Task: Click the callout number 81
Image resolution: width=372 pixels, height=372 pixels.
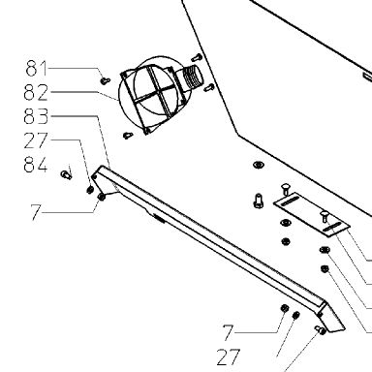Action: click(x=37, y=68)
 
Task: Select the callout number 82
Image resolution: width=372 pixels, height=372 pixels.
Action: click(x=36, y=92)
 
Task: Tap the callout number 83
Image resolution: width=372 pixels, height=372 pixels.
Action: click(x=36, y=116)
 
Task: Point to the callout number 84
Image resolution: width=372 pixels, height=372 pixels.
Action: click(x=36, y=164)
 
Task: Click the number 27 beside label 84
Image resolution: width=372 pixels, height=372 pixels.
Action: click(x=36, y=140)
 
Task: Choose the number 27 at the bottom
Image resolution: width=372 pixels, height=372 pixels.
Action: click(x=229, y=356)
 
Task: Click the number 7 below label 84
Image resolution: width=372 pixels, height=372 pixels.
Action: click(x=36, y=212)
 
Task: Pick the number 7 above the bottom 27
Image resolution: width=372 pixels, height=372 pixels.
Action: click(x=228, y=332)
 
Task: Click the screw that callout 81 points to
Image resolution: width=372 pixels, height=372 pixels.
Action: click(x=105, y=80)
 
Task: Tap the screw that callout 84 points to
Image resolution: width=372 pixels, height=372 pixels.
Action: click(x=66, y=175)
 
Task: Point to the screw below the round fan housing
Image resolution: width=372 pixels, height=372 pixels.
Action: click(x=128, y=136)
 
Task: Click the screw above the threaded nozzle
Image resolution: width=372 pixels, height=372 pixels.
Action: click(x=197, y=58)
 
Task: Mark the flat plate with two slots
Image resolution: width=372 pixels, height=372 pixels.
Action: click(x=312, y=214)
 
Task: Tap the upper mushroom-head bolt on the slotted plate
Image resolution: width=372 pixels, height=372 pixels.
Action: click(x=286, y=189)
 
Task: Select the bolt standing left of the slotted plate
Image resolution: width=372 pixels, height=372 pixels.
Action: click(x=259, y=201)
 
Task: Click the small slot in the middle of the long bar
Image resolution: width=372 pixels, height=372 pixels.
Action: click(x=160, y=218)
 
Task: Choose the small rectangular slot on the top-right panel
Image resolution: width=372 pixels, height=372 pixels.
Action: click(x=367, y=77)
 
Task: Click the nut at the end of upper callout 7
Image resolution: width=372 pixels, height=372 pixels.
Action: click(x=102, y=197)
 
